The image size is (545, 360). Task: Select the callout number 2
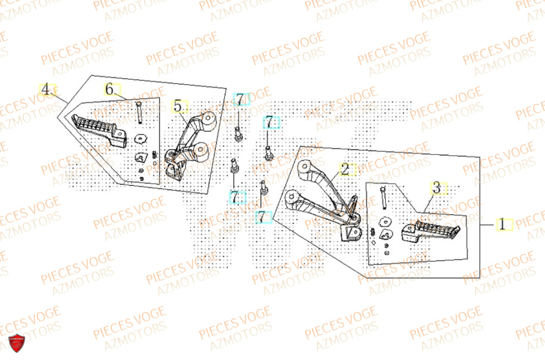pyautogui.click(x=345, y=169)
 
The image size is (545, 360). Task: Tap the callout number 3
pyautogui.click(x=436, y=188)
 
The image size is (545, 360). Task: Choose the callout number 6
pyautogui.click(x=109, y=89)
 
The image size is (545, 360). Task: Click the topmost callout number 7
pyautogui.click(x=240, y=99)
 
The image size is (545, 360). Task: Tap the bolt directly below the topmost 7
pyautogui.click(x=238, y=132)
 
